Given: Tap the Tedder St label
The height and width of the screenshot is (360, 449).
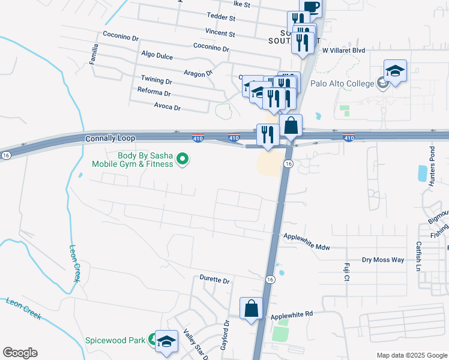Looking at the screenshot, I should click(x=220, y=16).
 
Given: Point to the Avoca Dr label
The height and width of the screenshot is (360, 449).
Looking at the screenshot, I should click(x=167, y=107).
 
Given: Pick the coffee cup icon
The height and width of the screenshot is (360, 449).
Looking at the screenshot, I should click(x=310, y=7).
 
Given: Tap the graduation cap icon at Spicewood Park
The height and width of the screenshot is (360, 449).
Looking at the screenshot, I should click(x=166, y=341).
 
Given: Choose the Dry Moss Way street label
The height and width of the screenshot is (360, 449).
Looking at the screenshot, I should click(x=383, y=260).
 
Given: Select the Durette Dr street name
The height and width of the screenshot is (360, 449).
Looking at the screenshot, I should click(x=214, y=280).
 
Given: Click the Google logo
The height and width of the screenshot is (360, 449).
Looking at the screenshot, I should click(x=20, y=353).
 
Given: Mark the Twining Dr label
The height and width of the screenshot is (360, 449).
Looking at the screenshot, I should click(x=156, y=80).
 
